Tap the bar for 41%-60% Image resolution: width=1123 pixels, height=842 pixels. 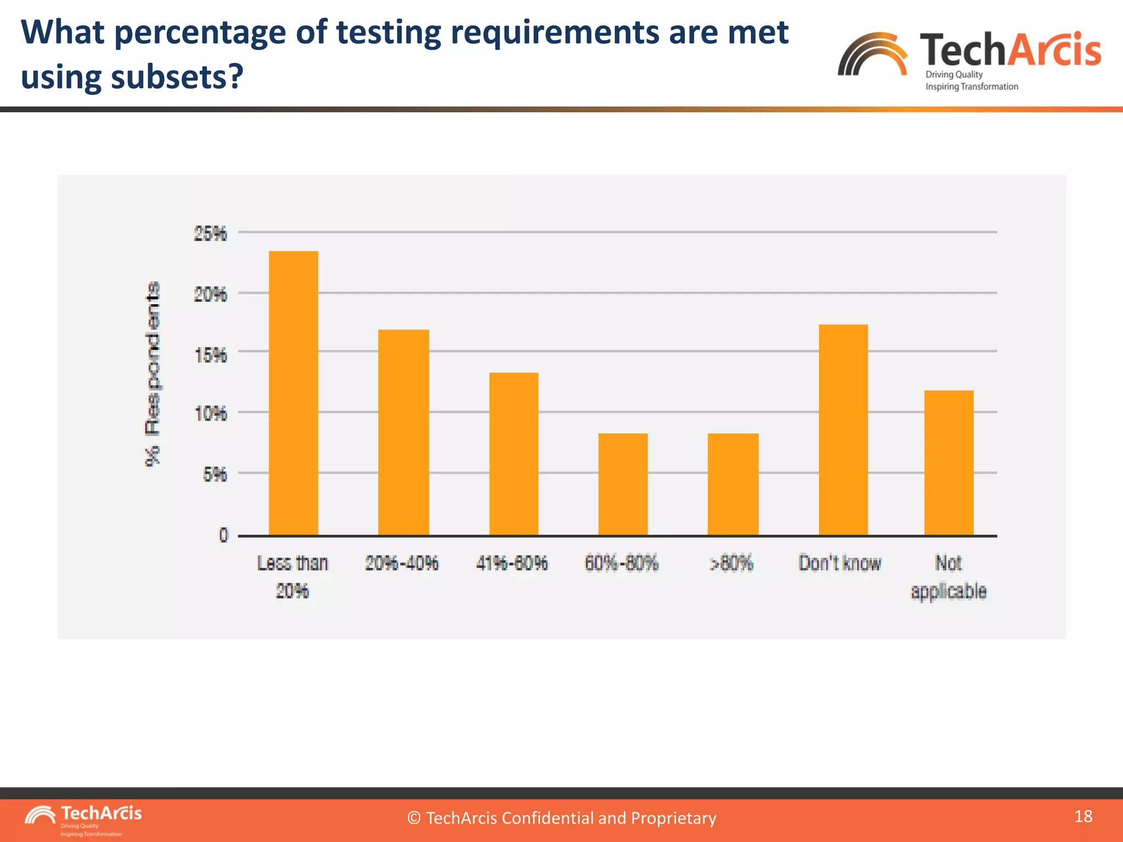[x=514, y=453]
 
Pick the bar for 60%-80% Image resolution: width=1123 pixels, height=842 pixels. [x=623, y=484]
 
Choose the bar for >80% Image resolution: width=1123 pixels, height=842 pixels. [x=733, y=484]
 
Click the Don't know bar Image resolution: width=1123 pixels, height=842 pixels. [x=843, y=430]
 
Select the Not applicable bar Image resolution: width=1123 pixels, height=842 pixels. [x=949, y=463]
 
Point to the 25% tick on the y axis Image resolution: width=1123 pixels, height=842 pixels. [x=210, y=234]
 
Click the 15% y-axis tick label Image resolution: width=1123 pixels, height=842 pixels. [x=211, y=356]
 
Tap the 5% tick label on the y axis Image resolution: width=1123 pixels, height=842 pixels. [x=214, y=474]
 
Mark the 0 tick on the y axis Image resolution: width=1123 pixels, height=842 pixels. [x=223, y=535]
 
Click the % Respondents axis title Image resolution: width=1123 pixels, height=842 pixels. [x=153, y=374]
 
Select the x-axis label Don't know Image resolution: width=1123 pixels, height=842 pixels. [x=840, y=564]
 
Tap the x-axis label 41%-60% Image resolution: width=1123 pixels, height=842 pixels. [x=512, y=564]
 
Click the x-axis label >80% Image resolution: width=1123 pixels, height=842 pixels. [x=731, y=564]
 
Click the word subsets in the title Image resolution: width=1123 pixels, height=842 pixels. [x=168, y=77]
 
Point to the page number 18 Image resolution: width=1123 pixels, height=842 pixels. [x=1083, y=817]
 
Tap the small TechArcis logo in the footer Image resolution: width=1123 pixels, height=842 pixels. [x=83, y=819]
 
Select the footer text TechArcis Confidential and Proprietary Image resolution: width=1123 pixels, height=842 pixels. [x=561, y=818]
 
